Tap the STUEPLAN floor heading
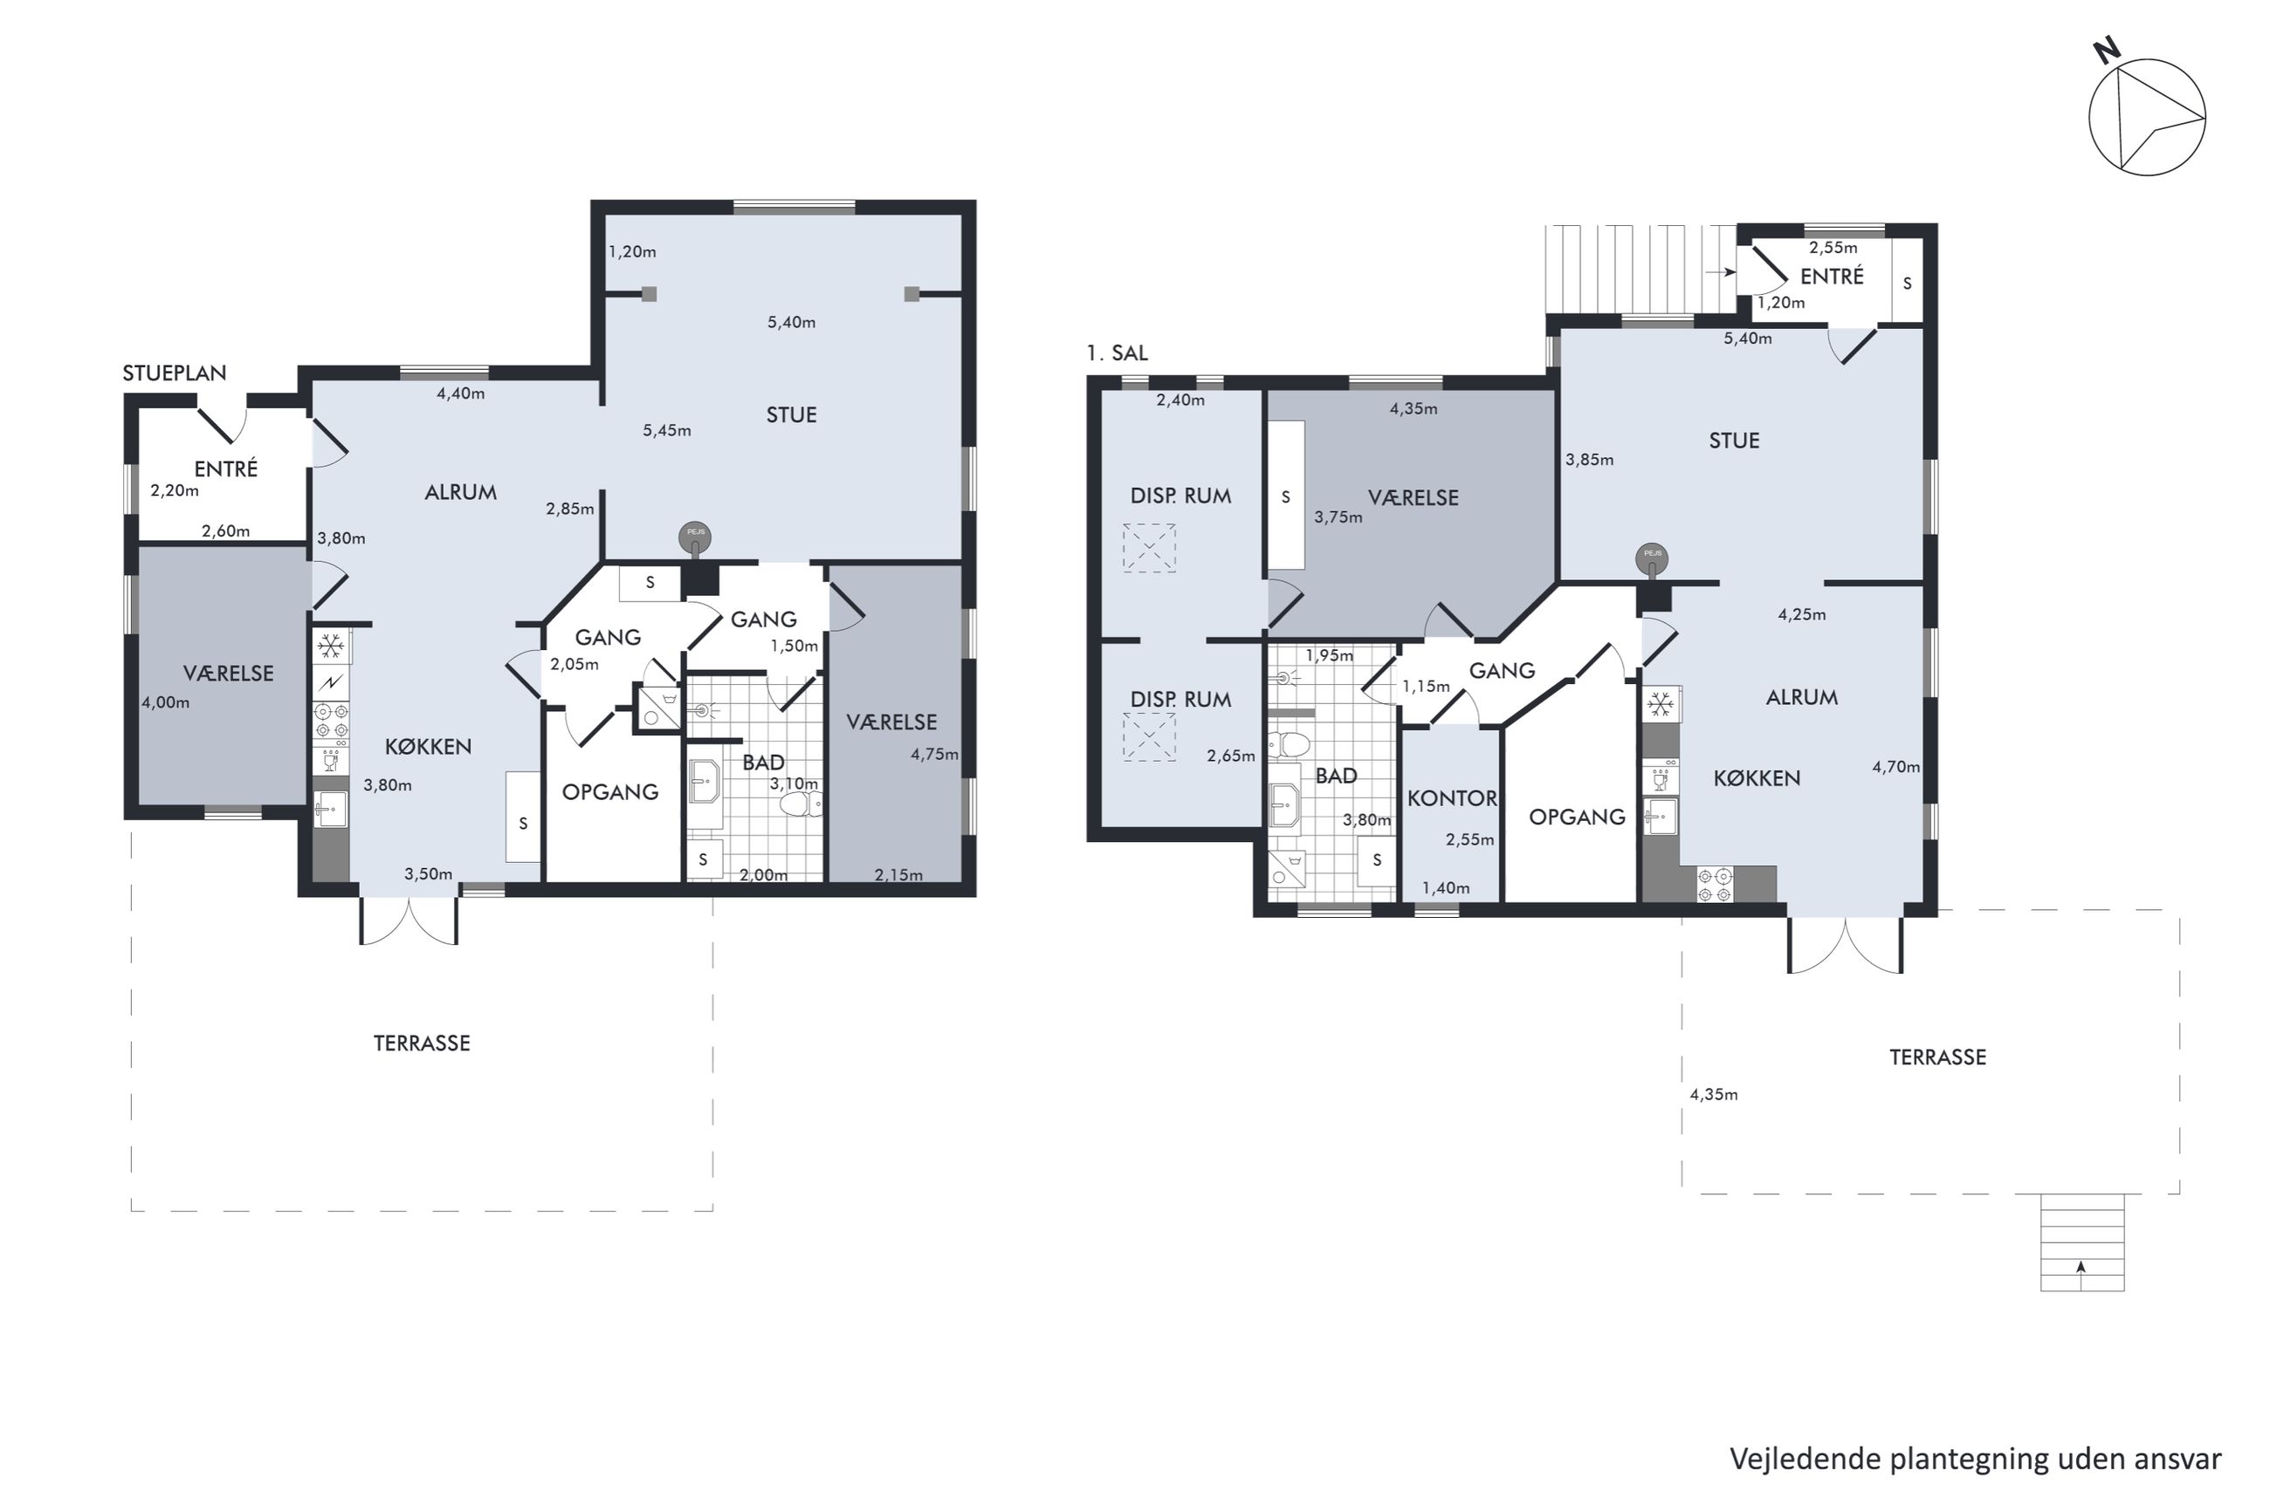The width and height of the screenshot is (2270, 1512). pyautogui.click(x=174, y=373)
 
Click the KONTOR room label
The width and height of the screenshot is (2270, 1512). pyautogui.click(x=1452, y=797)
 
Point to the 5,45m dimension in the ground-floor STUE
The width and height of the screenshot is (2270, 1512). pyautogui.click(x=667, y=430)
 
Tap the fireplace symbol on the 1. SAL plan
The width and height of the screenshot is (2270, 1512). pyautogui.click(x=1652, y=560)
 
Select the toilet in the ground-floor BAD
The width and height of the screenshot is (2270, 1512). pyautogui.click(x=801, y=804)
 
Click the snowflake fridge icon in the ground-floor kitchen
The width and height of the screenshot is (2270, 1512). pyautogui.click(x=331, y=645)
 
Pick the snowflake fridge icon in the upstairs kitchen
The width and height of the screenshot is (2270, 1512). pyautogui.click(x=1660, y=705)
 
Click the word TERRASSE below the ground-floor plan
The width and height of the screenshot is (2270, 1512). pyautogui.click(x=422, y=1043)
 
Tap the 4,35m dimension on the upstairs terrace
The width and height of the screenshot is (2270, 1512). pyautogui.click(x=1713, y=1094)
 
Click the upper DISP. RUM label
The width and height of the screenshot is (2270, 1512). pyautogui.click(x=1180, y=496)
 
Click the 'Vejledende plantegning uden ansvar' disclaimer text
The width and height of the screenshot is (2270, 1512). pyautogui.click(x=1975, y=1459)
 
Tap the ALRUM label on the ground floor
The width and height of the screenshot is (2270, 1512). pyautogui.click(x=460, y=492)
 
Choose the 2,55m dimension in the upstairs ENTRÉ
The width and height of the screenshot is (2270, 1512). pyautogui.click(x=1833, y=248)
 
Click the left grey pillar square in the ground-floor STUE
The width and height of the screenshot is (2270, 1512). pyautogui.click(x=650, y=294)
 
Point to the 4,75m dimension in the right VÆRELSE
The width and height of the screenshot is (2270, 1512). pyautogui.click(x=934, y=754)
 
